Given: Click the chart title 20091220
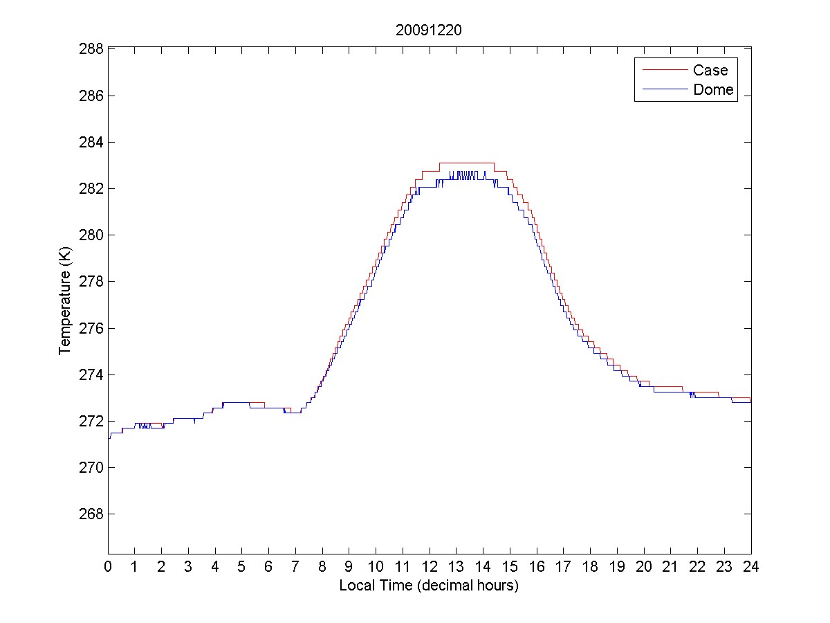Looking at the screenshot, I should (x=429, y=30).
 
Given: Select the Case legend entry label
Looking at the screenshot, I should (x=710, y=70).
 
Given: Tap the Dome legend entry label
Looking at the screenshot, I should (x=713, y=90).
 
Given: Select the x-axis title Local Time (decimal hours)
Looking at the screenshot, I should (x=429, y=586).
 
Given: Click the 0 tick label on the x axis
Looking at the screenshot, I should (x=108, y=566).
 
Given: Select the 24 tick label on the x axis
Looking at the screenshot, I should (x=751, y=566).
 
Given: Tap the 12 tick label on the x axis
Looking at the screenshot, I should (x=430, y=566).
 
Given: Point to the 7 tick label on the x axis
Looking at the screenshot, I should (x=295, y=566).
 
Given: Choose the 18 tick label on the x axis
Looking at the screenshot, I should (x=590, y=566).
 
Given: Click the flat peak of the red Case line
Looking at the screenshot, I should (x=466, y=163).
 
